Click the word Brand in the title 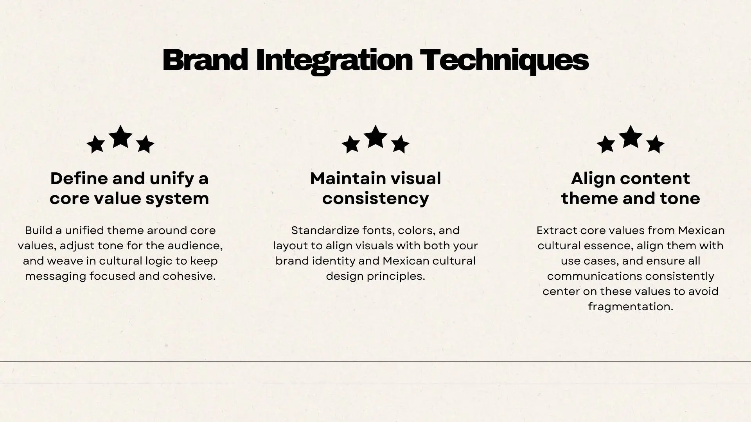(x=205, y=60)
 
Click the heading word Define (x=79, y=179)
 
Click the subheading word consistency (x=375, y=199)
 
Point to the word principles (x=396, y=277)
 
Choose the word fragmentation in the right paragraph (x=631, y=307)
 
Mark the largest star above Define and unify (x=120, y=137)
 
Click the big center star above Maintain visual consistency (x=375, y=137)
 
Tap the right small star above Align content (x=655, y=144)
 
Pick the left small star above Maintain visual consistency (x=351, y=144)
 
